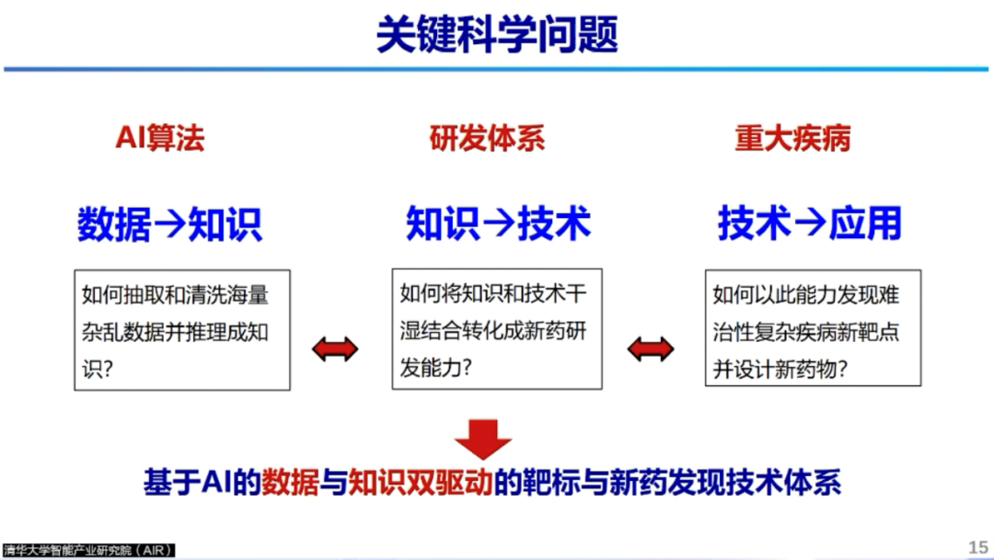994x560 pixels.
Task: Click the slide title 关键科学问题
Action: click(x=497, y=34)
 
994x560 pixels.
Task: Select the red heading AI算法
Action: click(x=159, y=138)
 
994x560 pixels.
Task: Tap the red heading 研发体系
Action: click(x=487, y=138)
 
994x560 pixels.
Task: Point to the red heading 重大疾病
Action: click(x=792, y=138)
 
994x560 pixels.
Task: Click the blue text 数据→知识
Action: click(x=169, y=223)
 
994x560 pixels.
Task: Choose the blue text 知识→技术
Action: click(x=498, y=223)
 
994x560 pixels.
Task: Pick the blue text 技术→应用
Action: click(x=809, y=223)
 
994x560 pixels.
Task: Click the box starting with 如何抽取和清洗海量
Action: click(x=182, y=329)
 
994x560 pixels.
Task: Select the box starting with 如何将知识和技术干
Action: click(x=497, y=328)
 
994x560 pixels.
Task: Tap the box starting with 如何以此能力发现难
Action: click(x=813, y=327)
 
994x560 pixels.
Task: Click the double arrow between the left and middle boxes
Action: click(x=335, y=349)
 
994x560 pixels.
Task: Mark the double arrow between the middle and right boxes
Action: click(x=650, y=349)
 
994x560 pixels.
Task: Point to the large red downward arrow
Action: click(x=482, y=439)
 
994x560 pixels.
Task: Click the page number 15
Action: click(x=977, y=547)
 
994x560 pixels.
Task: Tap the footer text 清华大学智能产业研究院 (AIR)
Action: click(x=88, y=550)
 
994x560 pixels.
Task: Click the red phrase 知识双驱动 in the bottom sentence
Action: click(x=419, y=484)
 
